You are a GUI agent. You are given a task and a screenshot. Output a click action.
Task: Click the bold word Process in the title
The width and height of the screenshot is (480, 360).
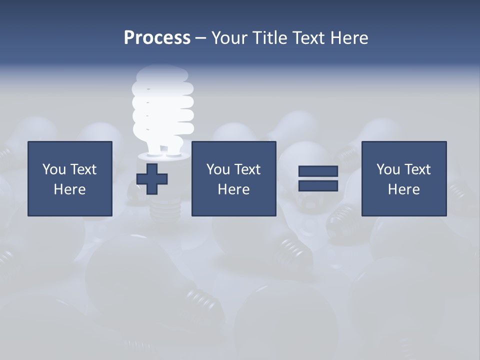tap(157, 38)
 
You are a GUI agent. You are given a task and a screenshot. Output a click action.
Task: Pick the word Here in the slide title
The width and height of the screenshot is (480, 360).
tap(349, 38)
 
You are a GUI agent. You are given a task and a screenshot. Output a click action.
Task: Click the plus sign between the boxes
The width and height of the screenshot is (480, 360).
tap(152, 179)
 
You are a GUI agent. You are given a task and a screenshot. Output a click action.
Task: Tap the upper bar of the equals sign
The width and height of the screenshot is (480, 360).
tap(318, 171)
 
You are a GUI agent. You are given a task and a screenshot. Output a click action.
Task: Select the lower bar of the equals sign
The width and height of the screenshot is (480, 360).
tap(318, 185)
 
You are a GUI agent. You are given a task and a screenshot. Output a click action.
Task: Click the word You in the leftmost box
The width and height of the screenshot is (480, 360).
tap(54, 169)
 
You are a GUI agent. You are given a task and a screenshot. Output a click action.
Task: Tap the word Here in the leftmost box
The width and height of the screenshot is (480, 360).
tap(69, 189)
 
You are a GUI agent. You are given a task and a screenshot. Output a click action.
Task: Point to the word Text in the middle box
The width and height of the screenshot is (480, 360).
tap(247, 169)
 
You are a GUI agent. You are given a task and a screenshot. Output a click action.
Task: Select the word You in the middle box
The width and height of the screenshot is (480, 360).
tap(218, 169)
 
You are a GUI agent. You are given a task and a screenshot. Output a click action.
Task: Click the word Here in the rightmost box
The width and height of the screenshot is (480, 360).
tap(403, 189)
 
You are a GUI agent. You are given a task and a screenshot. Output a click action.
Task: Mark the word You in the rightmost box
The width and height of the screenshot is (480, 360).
tap(388, 169)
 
